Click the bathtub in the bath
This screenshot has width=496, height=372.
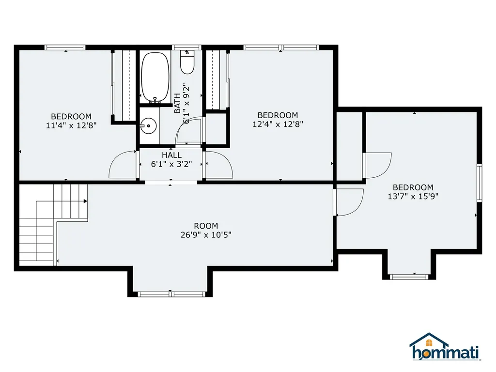point(155,77)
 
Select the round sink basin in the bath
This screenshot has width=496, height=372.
point(148,126)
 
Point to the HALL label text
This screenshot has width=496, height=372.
point(172,155)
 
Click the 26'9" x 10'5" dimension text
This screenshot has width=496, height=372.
point(206,235)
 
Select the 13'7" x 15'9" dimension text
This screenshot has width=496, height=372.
point(413,196)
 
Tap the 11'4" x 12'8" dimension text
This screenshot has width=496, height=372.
point(71,125)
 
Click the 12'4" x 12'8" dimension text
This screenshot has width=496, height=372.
point(278,124)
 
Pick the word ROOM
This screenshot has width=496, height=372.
point(206,226)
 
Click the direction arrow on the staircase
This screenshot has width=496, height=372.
point(85,201)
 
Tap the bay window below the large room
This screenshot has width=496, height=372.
point(171,294)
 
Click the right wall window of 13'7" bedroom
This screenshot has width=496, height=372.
point(479,183)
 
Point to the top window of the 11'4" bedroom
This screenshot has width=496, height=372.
point(65,47)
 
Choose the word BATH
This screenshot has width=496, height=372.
point(177,103)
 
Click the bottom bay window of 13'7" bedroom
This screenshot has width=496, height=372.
point(409,277)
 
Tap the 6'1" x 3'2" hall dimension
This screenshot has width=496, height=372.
point(171,164)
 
